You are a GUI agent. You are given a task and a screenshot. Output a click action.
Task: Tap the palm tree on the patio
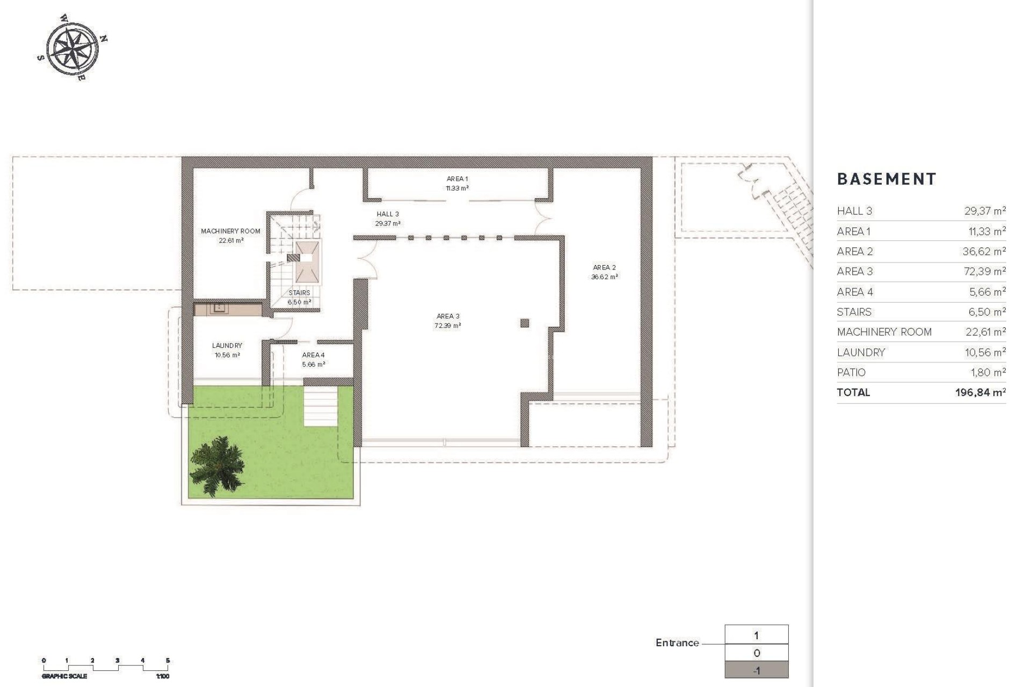point(217,465)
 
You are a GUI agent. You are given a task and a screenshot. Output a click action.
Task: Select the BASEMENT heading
point(887,179)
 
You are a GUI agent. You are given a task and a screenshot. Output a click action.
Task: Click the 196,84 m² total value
point(980,392)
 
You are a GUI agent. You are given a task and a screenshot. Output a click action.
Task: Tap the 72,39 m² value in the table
point(984,272)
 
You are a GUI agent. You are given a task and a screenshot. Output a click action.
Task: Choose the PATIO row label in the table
point(851,372)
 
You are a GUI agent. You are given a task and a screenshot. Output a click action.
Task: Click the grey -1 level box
point(756,670)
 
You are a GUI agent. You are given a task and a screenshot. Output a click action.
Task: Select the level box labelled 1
point(756,635)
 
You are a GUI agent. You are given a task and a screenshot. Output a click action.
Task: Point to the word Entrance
point(677,642)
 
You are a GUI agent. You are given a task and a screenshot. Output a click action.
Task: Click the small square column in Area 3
point(525,323)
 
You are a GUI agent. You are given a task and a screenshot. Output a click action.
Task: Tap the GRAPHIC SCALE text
point(64,676)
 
